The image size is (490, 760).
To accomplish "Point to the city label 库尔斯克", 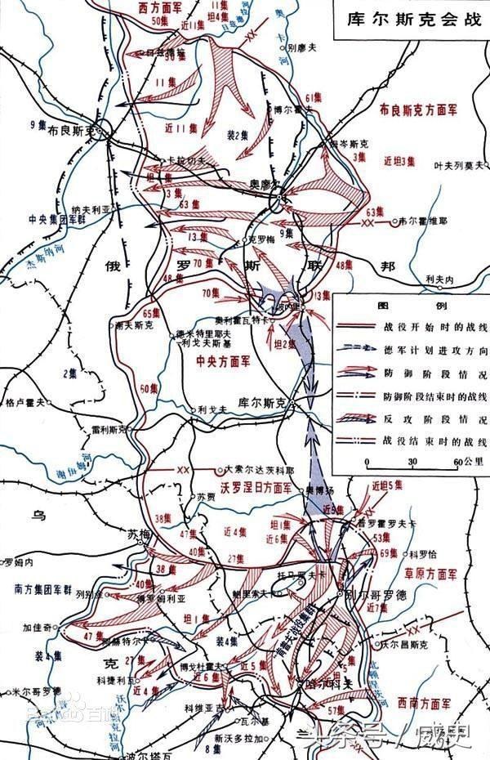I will (x=262, y=403).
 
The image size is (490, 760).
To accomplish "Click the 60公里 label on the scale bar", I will (x=462, y=462).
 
